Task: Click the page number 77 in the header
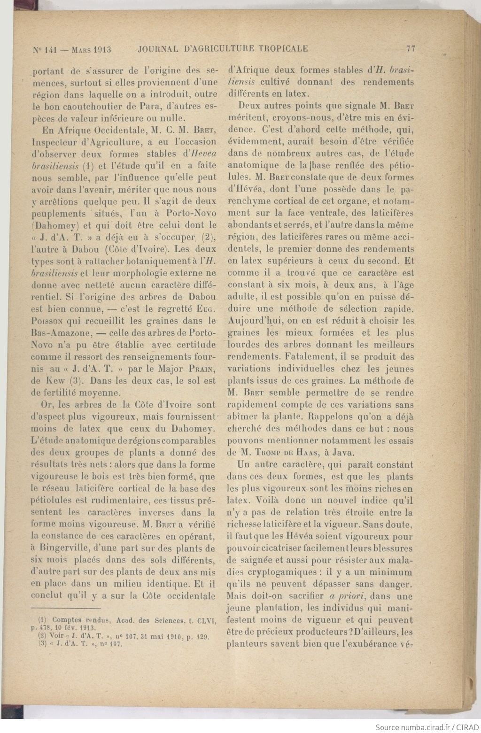[x=411, y=49]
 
